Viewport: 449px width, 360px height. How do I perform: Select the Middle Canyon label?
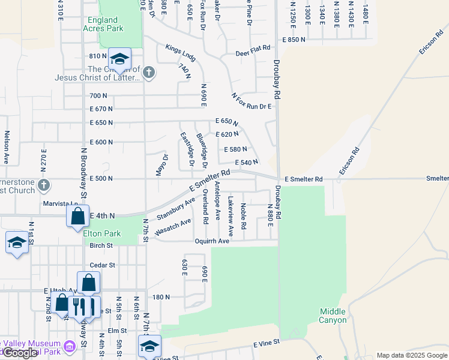point(333,316)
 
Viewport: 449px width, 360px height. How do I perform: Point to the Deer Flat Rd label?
point(253,53)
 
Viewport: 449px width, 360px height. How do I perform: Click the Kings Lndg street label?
point(181,53)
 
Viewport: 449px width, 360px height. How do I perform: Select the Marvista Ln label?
point(61,203)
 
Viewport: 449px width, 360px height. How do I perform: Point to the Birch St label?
point(101,245)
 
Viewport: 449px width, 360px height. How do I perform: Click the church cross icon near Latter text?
point(149,73)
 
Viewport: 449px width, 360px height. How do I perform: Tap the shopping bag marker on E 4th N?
point(78,216)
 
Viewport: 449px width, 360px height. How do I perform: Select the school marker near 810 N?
point(119,59)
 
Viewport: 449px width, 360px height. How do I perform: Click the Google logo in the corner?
point(20,353)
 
